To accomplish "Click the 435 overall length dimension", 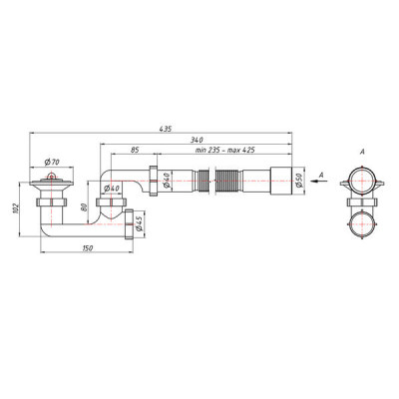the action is [165, 129].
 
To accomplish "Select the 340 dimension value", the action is [197, 140].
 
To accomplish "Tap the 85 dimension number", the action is [134, 150].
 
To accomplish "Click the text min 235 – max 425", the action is [225, 150].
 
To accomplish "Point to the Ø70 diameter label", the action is [52, 162].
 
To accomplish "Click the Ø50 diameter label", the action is [298, 181].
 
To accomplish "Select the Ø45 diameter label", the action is [140, 223].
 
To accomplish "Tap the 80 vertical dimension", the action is [84, 207].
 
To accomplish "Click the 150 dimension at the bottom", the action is [87, 248].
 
